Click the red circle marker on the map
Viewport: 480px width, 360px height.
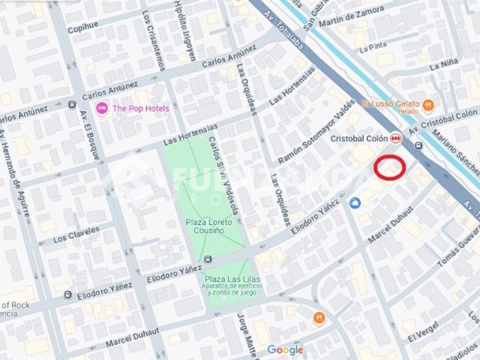(x=390, y=168)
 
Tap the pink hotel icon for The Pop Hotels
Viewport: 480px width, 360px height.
(x=102, y=108)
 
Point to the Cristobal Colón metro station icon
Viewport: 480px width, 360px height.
(x=394, y=139)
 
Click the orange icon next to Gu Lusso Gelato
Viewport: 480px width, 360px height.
(x=428, y=103)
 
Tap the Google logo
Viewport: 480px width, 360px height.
(x=285, y=349)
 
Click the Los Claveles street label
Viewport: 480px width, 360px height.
(x=76, y=238)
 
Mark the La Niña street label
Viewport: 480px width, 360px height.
(x=443, y=66)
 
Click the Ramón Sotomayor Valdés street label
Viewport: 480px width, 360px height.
(x=316, y=131)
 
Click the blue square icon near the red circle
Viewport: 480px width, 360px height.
(x=355, y=202)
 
